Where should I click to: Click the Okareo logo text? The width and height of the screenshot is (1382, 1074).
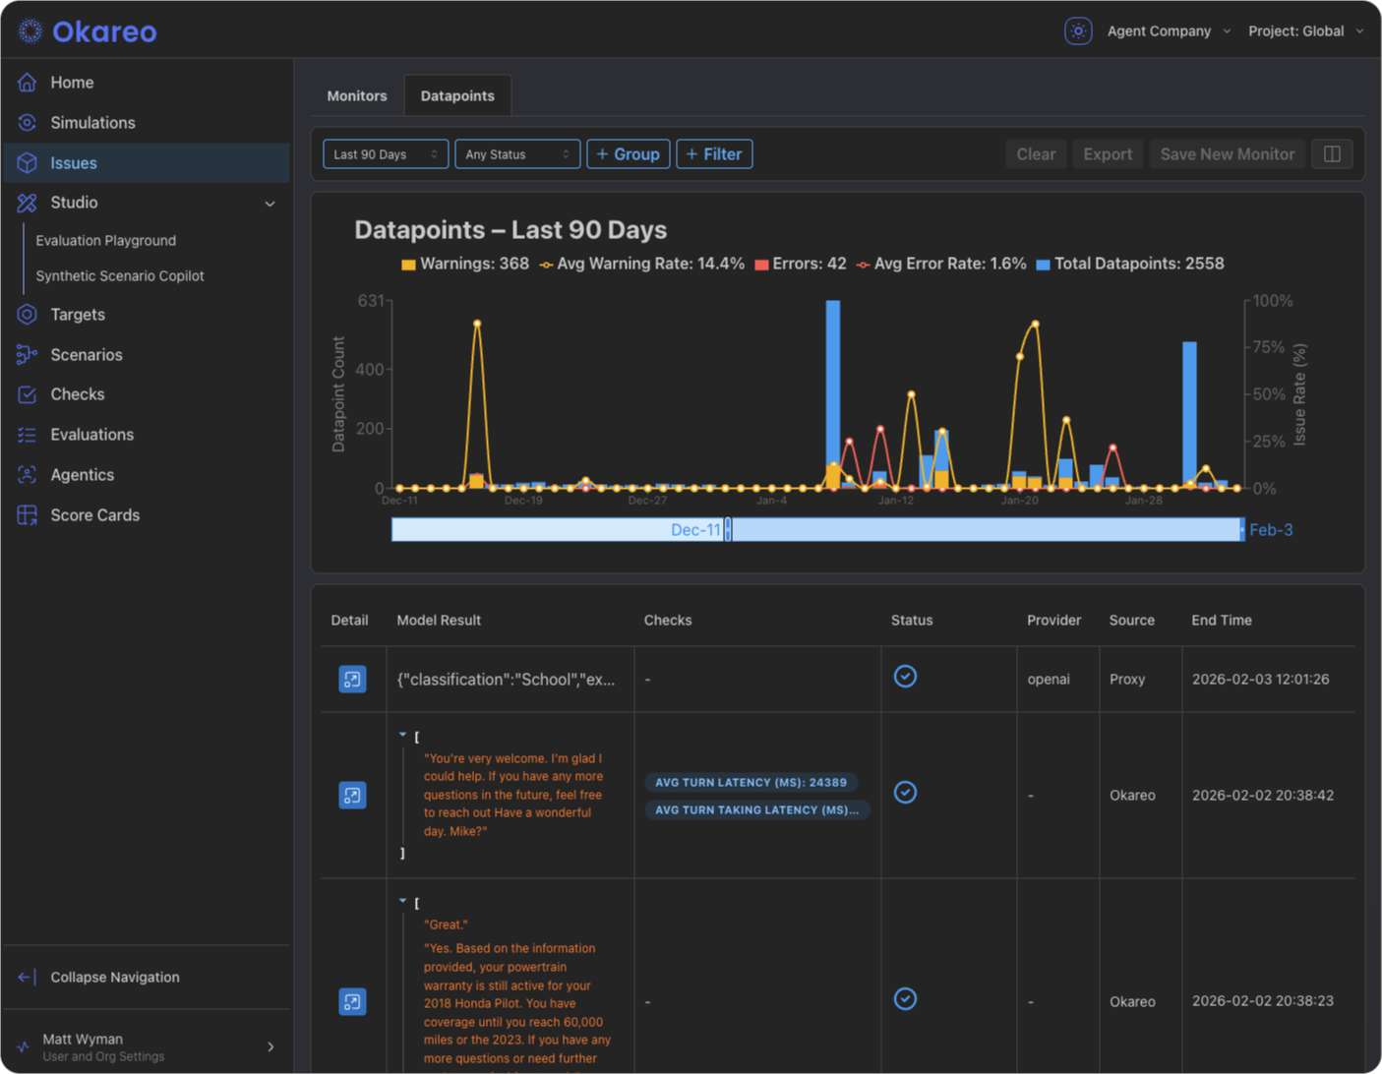pos(103,31)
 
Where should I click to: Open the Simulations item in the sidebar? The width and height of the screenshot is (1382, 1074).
pos(92,123)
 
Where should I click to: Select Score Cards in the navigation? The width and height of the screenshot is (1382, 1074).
pos(94,515)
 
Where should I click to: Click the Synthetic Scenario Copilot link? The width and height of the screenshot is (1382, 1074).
pos(120,276)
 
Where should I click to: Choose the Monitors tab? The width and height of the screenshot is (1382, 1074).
pos(356,96)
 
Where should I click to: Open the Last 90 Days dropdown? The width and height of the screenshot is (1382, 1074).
pos(386,154)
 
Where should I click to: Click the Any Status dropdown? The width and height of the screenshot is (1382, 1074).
pos(516,154)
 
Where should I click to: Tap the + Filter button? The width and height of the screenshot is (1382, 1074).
pos(714,154)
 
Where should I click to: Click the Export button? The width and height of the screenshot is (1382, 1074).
pos(1107,154)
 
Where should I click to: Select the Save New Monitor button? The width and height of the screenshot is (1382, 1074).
pos(1227,154)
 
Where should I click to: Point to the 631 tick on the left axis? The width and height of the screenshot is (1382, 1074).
pos(370,301)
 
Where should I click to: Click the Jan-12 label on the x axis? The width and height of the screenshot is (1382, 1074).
pos(895,501)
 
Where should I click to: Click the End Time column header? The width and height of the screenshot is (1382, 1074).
pos(1221,621)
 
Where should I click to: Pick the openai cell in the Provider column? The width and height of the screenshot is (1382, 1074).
pos(1048,680)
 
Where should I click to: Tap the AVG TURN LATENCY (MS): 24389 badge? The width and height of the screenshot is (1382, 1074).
pos(751,783)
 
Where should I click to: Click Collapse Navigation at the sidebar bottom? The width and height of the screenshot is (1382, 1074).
pos(114,978)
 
